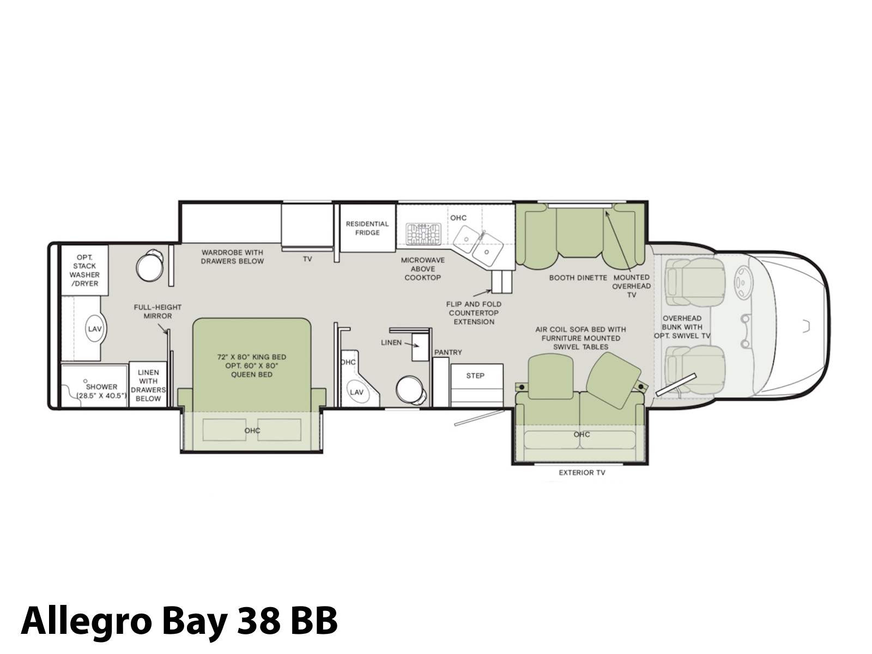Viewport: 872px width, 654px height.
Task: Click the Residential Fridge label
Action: click(367, 228)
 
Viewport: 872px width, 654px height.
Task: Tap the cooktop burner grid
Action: click(423, 233)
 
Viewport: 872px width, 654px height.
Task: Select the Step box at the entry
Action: click(477, 385)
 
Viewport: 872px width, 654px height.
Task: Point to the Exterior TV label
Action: click(582, 473)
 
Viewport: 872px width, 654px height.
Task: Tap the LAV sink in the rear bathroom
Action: click(95, 329)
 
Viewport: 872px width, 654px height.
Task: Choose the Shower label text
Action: click(102, 391)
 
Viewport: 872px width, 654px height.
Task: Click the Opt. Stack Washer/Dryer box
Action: click(84, 270)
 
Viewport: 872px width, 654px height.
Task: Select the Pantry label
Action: click(448, 352)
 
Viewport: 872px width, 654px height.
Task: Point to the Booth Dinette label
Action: click(578, 278)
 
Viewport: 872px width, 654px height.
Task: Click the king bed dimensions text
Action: click(252, 365)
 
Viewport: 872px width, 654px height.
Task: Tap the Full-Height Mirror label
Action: click(158, 312)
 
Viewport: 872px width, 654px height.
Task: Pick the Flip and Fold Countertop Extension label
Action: click(474, 313)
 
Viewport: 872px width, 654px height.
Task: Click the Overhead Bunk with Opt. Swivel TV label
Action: click(682, 327)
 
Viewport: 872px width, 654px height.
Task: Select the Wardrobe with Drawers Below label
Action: click(232, 257)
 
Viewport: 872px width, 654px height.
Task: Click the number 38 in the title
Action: click(259, 620)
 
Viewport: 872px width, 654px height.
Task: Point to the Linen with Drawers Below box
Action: click(148, 384)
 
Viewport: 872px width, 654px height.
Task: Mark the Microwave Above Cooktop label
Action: click(423, 269)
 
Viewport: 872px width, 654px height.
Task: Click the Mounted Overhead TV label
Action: click(631, 286)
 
